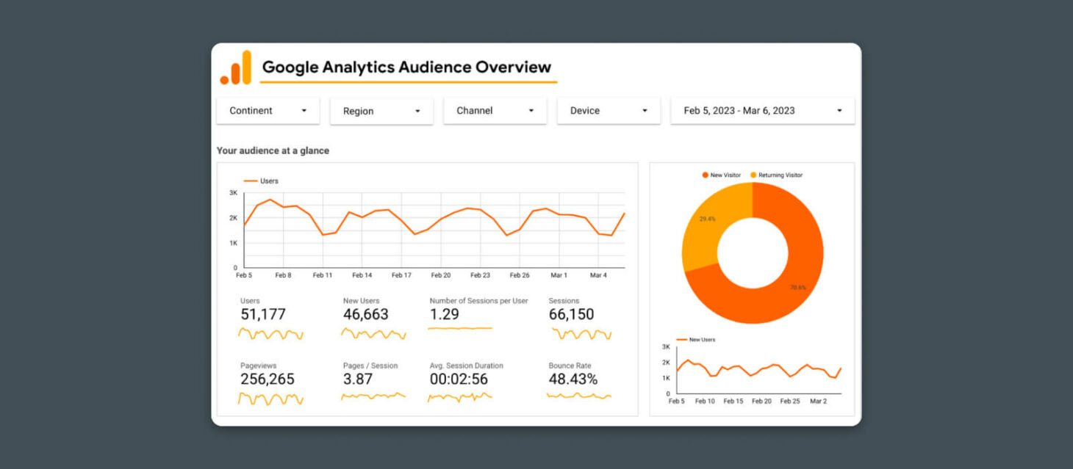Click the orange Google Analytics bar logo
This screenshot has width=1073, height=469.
tap(236, 68)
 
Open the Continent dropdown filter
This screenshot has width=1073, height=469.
tap(268, 111)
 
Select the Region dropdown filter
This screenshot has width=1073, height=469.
tap(381, 112)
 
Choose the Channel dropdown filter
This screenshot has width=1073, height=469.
tap(495, 111)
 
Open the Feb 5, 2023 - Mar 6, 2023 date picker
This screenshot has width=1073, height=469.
tap(762, 111)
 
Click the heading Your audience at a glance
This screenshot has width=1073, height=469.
tap(273, 150)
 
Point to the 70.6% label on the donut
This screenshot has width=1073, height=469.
tap(797, 287)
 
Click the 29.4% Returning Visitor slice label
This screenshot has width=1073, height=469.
tap(707, 219)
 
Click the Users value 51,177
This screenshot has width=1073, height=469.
tap(263, 315)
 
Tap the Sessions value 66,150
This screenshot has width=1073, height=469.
tap(571, 315)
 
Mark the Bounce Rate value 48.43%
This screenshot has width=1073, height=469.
tap(573, 379)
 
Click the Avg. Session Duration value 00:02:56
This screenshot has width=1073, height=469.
tap(459, 379)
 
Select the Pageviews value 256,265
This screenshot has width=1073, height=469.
tap(268, 379)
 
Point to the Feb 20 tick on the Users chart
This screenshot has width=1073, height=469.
tap(441, 275)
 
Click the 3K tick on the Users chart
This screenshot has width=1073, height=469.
tap(233, 193)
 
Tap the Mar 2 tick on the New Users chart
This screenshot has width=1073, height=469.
tap(817, 401)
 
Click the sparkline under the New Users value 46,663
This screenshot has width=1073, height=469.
tap(373, 334)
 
